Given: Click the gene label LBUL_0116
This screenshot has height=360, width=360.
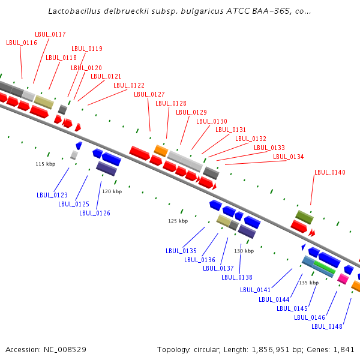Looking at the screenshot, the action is [x=22, y=43].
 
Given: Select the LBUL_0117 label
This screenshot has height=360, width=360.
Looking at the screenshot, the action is [x=50, y=34].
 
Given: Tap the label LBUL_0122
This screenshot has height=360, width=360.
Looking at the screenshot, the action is [x=129, y=85].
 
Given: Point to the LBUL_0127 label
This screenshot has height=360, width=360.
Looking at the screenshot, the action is [x=149, y=94].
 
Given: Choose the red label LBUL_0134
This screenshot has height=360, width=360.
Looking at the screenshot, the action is [x=289, y=157].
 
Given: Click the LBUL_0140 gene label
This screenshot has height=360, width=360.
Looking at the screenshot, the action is [x=329, y=172].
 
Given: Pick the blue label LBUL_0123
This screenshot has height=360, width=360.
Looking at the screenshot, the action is [x=52, y=195].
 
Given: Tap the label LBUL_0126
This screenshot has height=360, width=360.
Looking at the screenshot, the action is [x=95, y=213].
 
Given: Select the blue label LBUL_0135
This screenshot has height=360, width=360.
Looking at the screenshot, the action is [x=181, y=251].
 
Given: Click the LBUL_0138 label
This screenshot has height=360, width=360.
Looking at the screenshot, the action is [x=237, y=277].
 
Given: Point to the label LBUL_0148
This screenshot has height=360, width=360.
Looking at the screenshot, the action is [x=327, y=326].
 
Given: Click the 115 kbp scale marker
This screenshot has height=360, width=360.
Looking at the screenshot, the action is [x=46, y=164].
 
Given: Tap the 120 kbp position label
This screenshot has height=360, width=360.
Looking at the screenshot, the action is [x=112, y=191].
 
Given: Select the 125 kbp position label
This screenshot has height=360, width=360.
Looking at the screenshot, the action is [x=178, y=221].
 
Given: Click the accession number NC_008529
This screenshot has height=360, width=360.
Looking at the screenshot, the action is [x=65, y=350].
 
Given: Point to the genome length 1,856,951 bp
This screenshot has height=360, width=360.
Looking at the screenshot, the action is [x=277, y=350].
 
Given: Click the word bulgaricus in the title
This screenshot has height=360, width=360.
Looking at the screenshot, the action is [x=202, y=11].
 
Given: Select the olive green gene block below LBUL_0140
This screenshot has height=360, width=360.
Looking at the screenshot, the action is [x=304, y=217].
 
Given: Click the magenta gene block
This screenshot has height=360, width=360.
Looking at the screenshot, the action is [x=343, y=279].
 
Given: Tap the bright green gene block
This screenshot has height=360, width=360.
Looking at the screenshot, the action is [x=325, y=267].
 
